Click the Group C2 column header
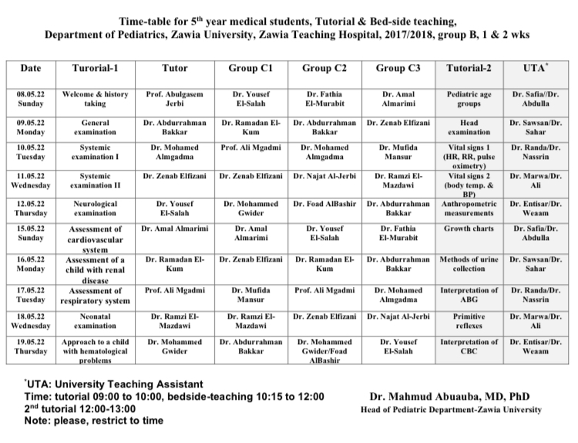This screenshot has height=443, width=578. [324, 68]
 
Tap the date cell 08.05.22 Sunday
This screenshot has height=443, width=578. [31, 99]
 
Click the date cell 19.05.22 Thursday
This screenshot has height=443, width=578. [31, 347]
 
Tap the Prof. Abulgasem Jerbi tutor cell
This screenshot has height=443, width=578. [175, 99]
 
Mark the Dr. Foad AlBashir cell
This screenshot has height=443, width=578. [324, 204]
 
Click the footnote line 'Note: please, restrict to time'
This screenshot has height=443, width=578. [93, 421]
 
